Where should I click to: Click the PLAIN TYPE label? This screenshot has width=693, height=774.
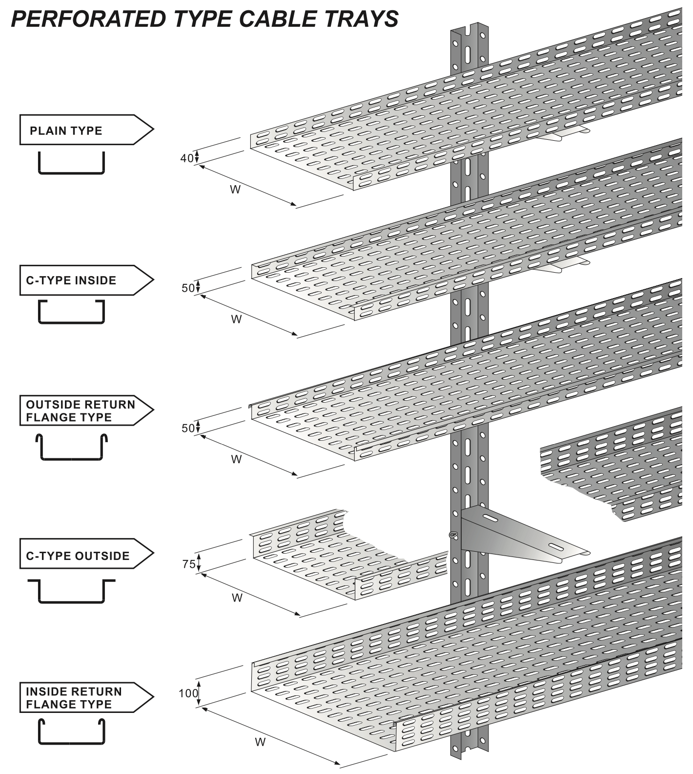pos(66,131)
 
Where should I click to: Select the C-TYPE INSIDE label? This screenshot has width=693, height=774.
pos(71,280)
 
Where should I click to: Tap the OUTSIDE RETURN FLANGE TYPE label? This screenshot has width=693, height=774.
pos(80,411)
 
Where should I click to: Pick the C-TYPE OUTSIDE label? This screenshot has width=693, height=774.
pos(78,556)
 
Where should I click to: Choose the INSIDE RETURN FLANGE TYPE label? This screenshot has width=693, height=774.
pos(73,698)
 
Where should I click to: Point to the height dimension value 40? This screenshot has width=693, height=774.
pos(187,158)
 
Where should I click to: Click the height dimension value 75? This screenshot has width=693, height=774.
pos(188,564)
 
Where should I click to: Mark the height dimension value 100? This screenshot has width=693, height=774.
pos(188,693)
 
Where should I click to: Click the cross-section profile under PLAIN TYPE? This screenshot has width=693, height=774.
pos(71,163)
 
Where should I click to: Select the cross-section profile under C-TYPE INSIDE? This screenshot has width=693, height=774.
pos(71,313)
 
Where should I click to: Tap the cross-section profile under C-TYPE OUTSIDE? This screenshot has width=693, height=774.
pos(71,592)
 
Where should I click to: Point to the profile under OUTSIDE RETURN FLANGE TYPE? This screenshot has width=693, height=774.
pos(71,448)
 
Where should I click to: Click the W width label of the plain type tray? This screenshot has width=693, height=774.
pos(235,190)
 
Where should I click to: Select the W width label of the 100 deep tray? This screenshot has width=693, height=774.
pos(260,742)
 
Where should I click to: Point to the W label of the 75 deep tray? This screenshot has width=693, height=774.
pos(237,598)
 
